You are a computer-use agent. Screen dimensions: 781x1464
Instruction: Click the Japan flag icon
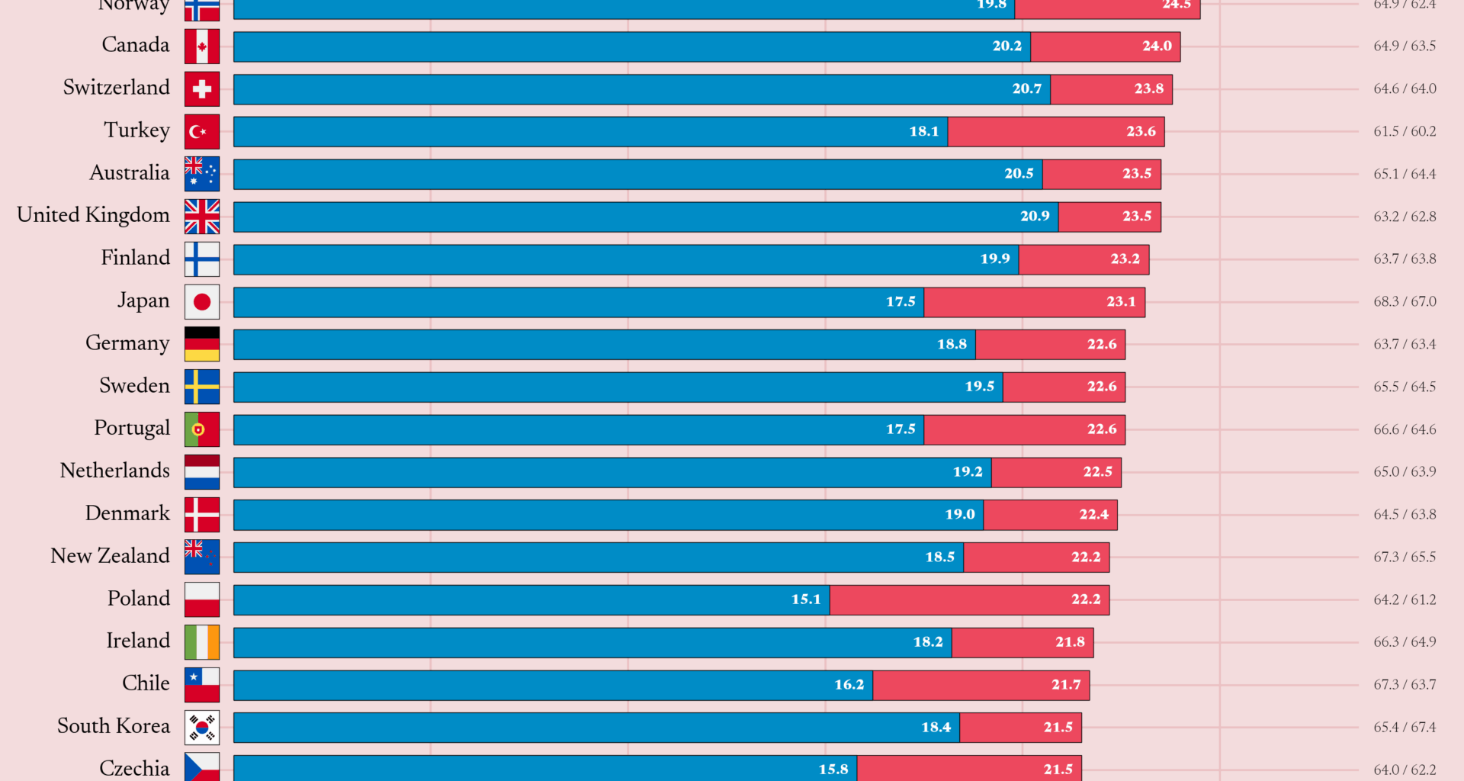[x=201, y=302]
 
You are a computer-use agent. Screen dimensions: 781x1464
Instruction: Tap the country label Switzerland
[x=116, y=88]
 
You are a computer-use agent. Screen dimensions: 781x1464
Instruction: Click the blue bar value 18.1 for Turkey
[x=923, y=131]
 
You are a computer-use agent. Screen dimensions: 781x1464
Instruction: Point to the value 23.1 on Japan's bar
[x=1120, y=302]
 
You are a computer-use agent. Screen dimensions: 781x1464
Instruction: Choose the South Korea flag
[x=201, y=728]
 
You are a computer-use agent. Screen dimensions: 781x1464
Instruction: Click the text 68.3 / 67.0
[x=1405, y=302]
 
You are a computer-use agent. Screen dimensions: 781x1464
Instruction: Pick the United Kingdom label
[x=93, y=215]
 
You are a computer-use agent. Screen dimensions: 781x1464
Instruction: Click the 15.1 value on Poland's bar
[x=805, y=599]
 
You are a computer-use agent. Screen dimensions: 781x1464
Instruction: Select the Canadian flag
[x=201, y=47]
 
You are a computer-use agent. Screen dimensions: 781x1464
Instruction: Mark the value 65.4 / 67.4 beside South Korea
[x=1405, y=728]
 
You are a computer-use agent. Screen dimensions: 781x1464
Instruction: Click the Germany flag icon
[x=201, y=344]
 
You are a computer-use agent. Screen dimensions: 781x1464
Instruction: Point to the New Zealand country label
[x=110, y=556]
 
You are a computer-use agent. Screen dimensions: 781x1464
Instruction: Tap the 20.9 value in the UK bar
[x=1034, y=217]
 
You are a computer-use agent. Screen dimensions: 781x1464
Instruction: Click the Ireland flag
[x=201, y=642]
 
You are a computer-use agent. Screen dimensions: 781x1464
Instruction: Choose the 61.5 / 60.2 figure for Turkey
[x=1405, y=131]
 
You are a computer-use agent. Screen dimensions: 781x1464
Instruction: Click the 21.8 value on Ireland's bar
[x=1069, y=642]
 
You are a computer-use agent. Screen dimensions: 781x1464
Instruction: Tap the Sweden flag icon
[x=201, y=387]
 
